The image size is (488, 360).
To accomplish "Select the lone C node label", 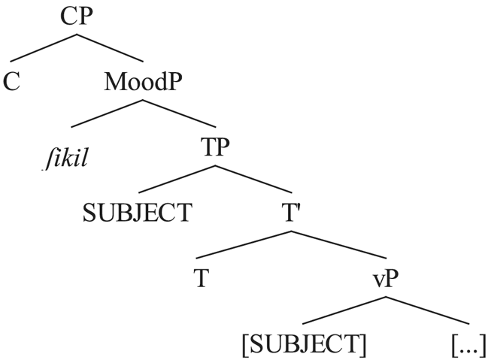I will [x=11, y=80].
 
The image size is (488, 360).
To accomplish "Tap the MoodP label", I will [x=143, y=80].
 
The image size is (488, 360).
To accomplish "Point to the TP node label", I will [x=215, y=147].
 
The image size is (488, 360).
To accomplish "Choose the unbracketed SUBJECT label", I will [x=137, y=213].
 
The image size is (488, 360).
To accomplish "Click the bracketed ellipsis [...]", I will [x=468, y=344].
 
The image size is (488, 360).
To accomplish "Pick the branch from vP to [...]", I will [x=425, y=310].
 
